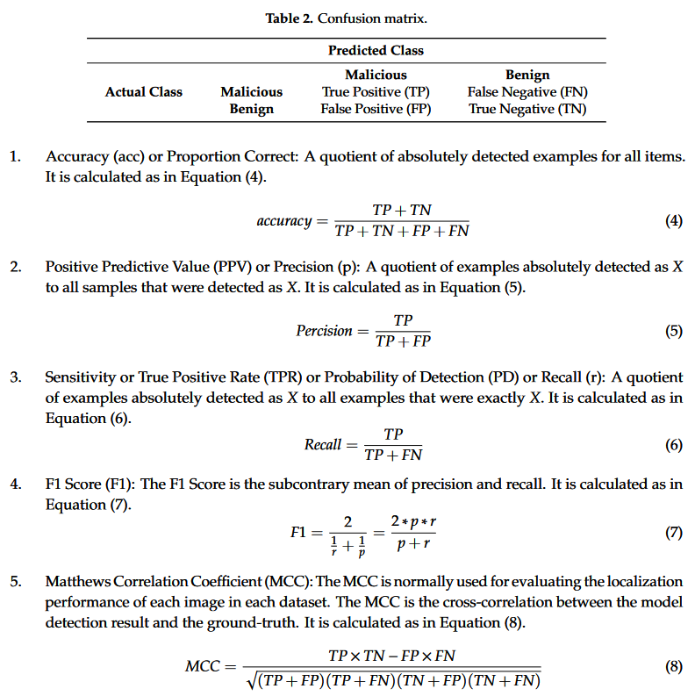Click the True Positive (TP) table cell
click(376, 91)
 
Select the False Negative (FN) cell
click(527, 91)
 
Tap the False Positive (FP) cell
click(376, 109)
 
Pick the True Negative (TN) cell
click(527, 109)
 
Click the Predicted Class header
click(376, 51)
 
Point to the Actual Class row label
click(144, 91)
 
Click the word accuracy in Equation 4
click(283, 221)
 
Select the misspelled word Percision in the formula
click(324, 331)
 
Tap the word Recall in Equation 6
click(322, 445)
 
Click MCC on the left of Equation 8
click(203, 667)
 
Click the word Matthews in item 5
click(76, 582)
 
